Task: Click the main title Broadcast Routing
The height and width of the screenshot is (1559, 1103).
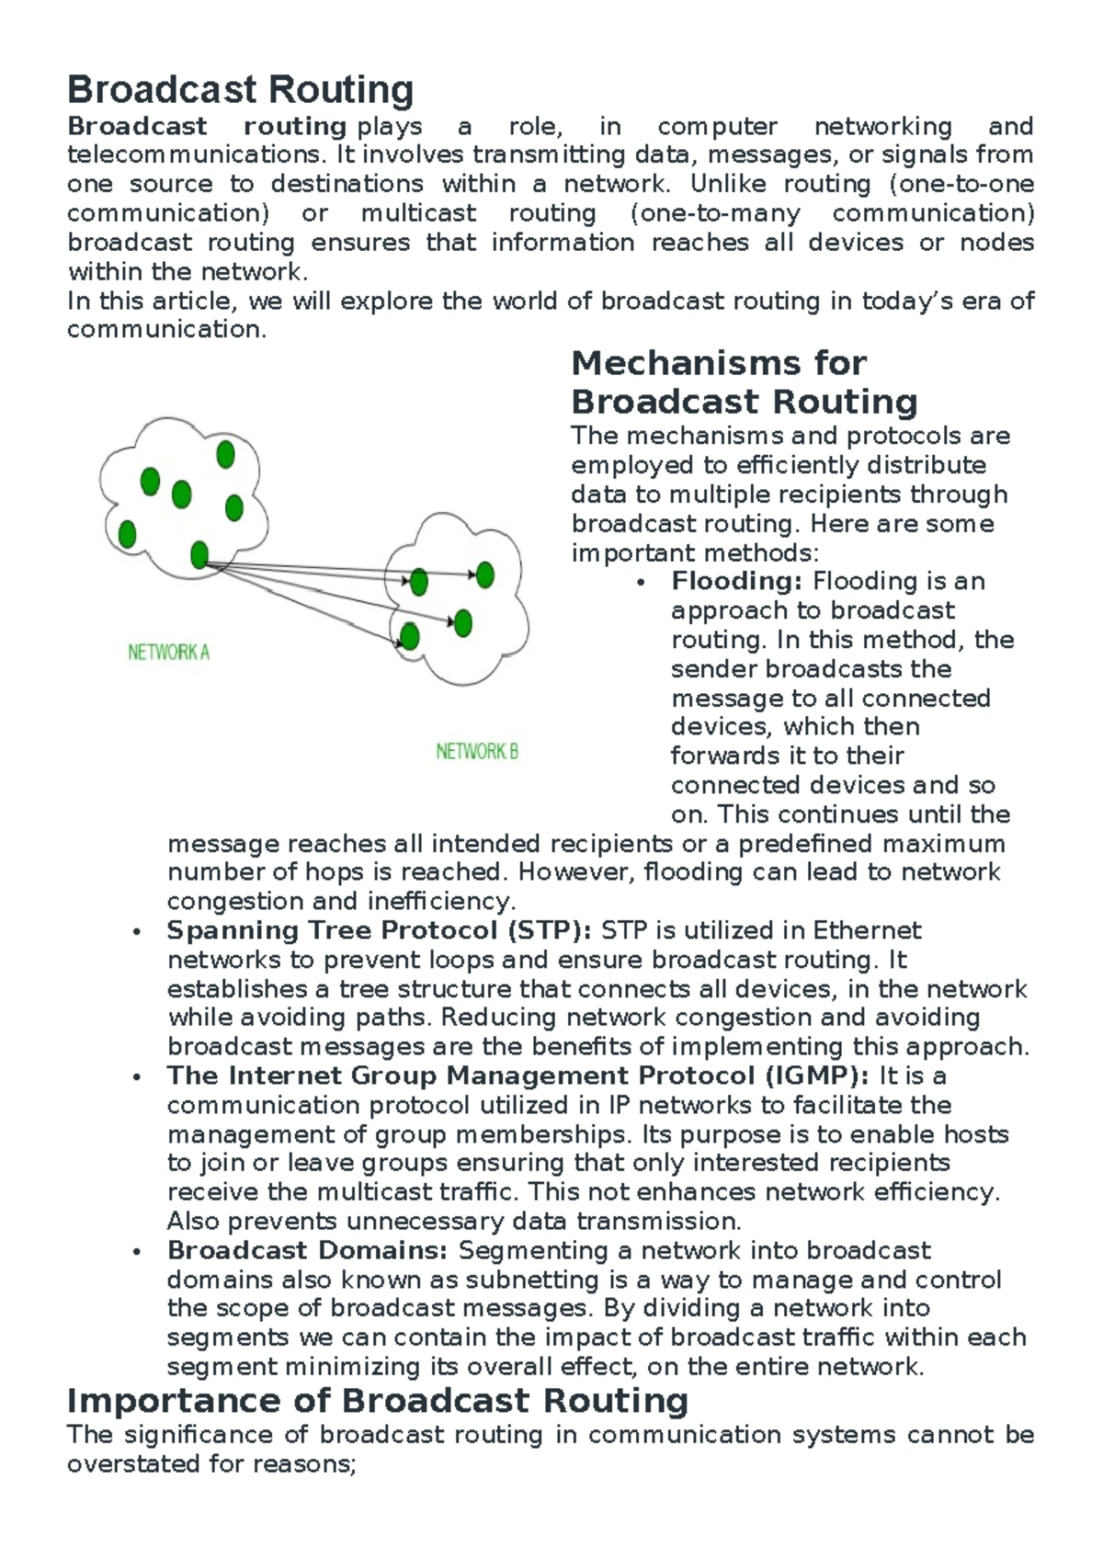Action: click(x=240, y=90)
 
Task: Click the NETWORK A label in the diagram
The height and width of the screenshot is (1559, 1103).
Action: click(x=168, y=653)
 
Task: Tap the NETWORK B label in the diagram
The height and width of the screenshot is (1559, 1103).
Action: click(x=477, y=752)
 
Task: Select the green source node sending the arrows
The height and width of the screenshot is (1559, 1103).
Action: click(x=199, y=554)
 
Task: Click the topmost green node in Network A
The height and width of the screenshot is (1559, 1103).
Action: click(x=225, y=454)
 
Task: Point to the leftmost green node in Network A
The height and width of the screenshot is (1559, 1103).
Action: click(x=128, y=533)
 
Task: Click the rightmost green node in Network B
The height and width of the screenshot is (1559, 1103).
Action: click(x=485, y=575)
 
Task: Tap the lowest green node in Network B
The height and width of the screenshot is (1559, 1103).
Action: click(x=410, y=636)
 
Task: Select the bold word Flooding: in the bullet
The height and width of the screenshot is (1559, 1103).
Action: click(x=737, y=581)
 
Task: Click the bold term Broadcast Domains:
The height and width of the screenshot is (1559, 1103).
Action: click(x=307, y=1250)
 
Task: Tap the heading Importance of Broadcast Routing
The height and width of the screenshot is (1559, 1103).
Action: click(x=378, y=1401)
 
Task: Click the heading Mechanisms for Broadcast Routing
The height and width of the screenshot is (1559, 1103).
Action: click(x=744, y=382)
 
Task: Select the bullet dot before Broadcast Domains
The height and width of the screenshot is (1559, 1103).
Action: click(x=137, y=1252)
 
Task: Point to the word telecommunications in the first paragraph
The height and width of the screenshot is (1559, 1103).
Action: click(x=194, y=154)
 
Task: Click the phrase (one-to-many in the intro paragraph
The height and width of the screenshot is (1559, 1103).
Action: click(x=715, y=213)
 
